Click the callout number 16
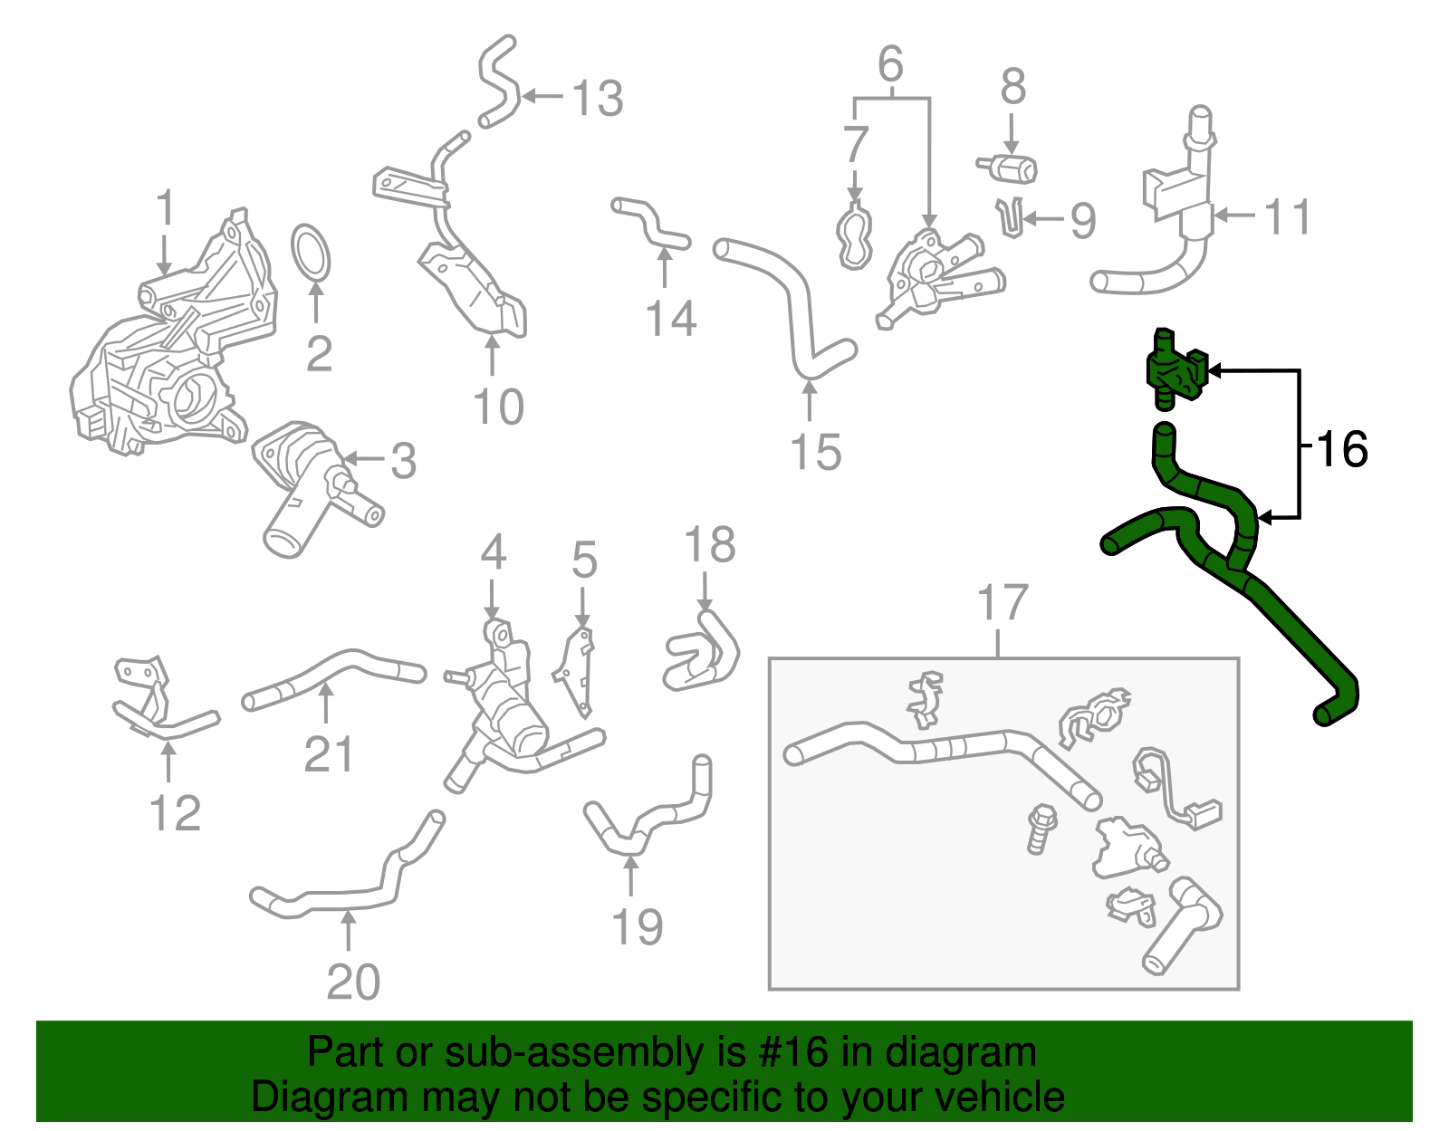tap(1341, 449)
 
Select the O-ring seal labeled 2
tap(312, 254)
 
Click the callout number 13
tap(598, 98)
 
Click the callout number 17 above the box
tap(1003, 603)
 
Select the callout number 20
tap(353, 982)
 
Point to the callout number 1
tap(165, 208)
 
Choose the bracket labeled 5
tap(576, 670)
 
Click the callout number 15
tap(815, 451)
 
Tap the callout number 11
tap(1287, 217)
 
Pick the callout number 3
tap(403, 461)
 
